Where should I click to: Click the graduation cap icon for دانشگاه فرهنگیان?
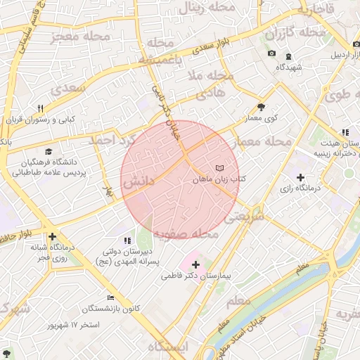click(x=49, y=151)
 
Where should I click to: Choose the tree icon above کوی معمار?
click(x=262, y=107)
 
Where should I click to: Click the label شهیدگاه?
click(x=288, y=67)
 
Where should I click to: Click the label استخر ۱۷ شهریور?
click(x=73, y=326)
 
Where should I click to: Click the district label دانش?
click(x=139, y=182)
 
